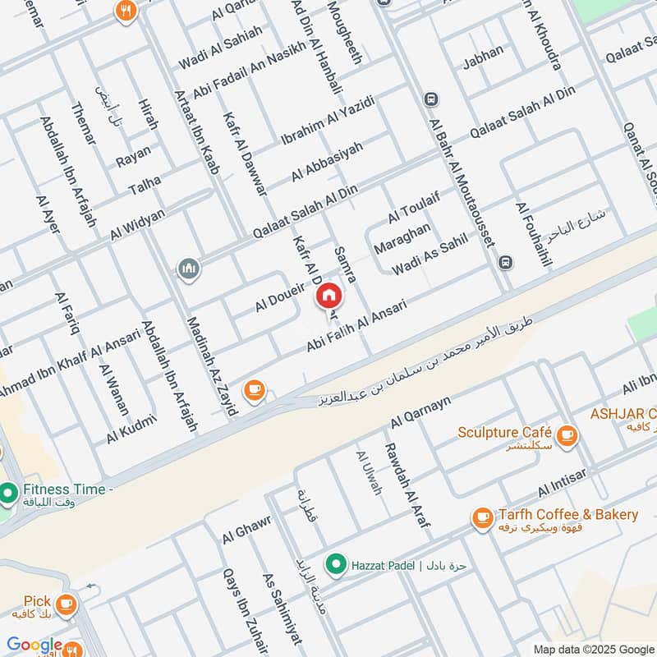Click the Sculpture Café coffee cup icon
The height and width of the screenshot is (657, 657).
point(566,436)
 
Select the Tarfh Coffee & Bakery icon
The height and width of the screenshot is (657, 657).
point(482,518)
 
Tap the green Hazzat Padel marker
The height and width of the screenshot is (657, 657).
point(334,564)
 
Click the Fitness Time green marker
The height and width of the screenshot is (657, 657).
point(8,494)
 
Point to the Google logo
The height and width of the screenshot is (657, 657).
point(34,646)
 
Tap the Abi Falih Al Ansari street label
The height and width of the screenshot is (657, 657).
point(356,327)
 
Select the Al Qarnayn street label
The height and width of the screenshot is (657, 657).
point(420,411)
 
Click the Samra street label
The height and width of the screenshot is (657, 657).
point(345,264)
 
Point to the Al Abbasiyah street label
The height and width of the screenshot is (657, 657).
point(326,162)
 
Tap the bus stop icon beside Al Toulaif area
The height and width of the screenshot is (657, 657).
point(506,263)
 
